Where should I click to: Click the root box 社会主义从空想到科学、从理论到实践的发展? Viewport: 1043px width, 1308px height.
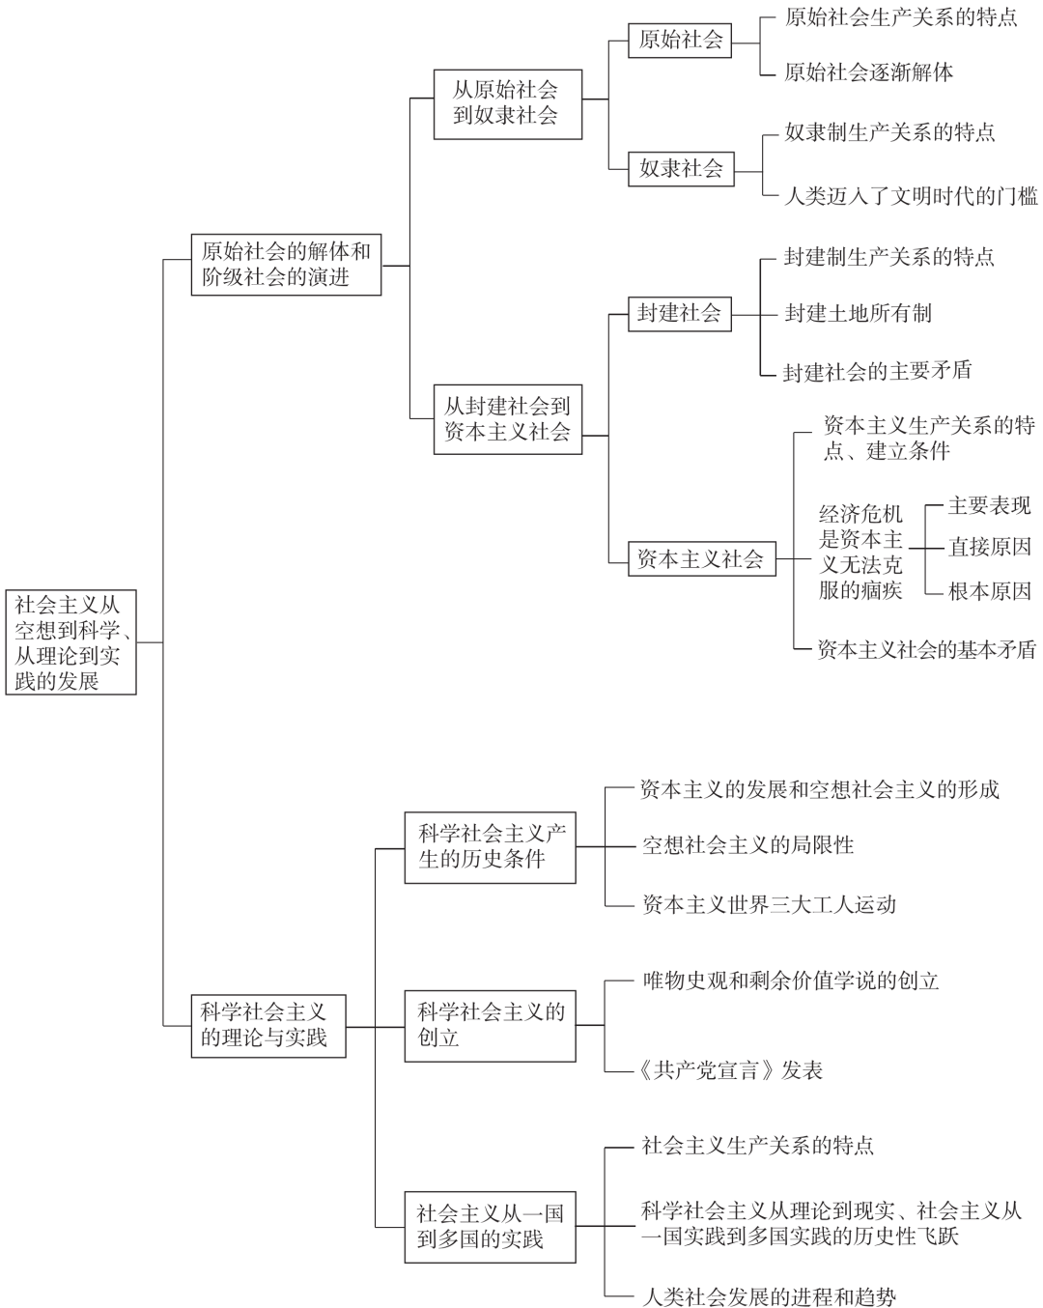pos(70,641)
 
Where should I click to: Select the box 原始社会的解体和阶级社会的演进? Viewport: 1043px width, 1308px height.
pos(286,265)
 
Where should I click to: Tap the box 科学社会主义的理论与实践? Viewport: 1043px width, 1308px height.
pos(268,1027)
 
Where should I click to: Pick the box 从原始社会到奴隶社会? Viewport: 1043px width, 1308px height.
pos(508,104)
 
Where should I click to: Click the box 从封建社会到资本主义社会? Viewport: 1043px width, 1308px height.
pos(508,419)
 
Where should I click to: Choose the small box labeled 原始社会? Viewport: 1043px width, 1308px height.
pos(680,41)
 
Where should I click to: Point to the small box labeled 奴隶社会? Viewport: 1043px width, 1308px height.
pos(681,169)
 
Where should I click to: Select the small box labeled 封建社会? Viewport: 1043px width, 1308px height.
pos(680,314)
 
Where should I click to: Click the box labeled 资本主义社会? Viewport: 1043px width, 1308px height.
pos(701,558)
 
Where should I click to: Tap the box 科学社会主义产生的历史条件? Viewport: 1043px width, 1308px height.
pos(490,847)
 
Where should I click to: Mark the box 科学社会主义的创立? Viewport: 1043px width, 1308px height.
pos(490,1026)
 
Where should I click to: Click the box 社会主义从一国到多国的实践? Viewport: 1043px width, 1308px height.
pos(490,1227)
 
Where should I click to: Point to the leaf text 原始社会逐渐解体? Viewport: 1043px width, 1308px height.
pos(868,72)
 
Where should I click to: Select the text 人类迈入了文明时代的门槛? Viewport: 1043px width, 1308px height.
pos(911,196)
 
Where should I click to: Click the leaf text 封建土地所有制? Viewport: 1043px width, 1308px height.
pos(858,314)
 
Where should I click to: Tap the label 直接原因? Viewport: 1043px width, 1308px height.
pos(990,547)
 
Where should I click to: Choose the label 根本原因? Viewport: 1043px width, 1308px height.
pos(990,591)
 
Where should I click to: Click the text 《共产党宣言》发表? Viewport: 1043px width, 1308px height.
pos(730,1070)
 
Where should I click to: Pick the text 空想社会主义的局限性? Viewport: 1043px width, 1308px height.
pos(748,845)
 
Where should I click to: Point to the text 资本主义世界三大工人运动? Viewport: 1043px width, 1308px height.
pos(770,905)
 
